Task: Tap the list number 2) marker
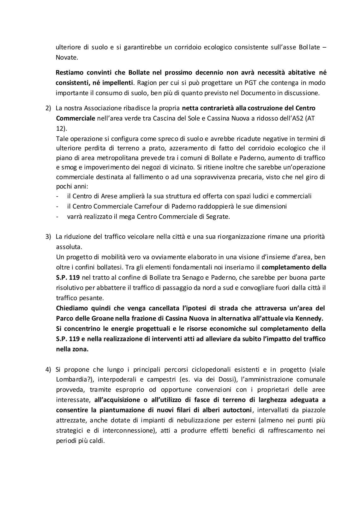[49, 108]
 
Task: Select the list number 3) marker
[49, 237]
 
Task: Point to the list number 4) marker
[49, 370]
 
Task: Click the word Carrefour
[133, 207]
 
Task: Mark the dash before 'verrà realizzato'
[57, 217]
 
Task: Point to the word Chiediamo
[71, 308]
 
